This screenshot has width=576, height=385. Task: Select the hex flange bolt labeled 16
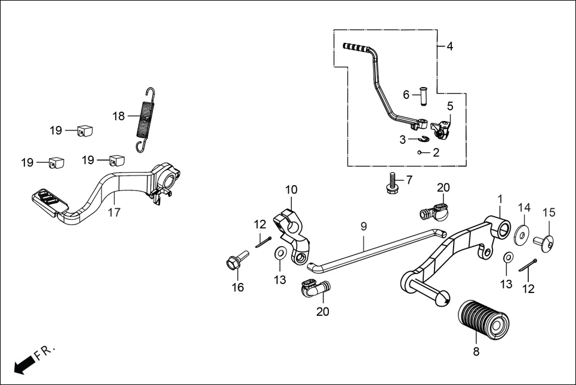234,262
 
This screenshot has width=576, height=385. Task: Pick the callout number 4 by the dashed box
449,46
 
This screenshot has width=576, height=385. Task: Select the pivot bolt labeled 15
544,241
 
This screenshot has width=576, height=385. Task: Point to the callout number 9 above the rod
364,226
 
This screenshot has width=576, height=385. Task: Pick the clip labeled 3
423,139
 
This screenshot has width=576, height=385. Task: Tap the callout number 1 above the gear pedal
500,198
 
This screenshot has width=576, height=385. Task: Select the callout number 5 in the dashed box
450,106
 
